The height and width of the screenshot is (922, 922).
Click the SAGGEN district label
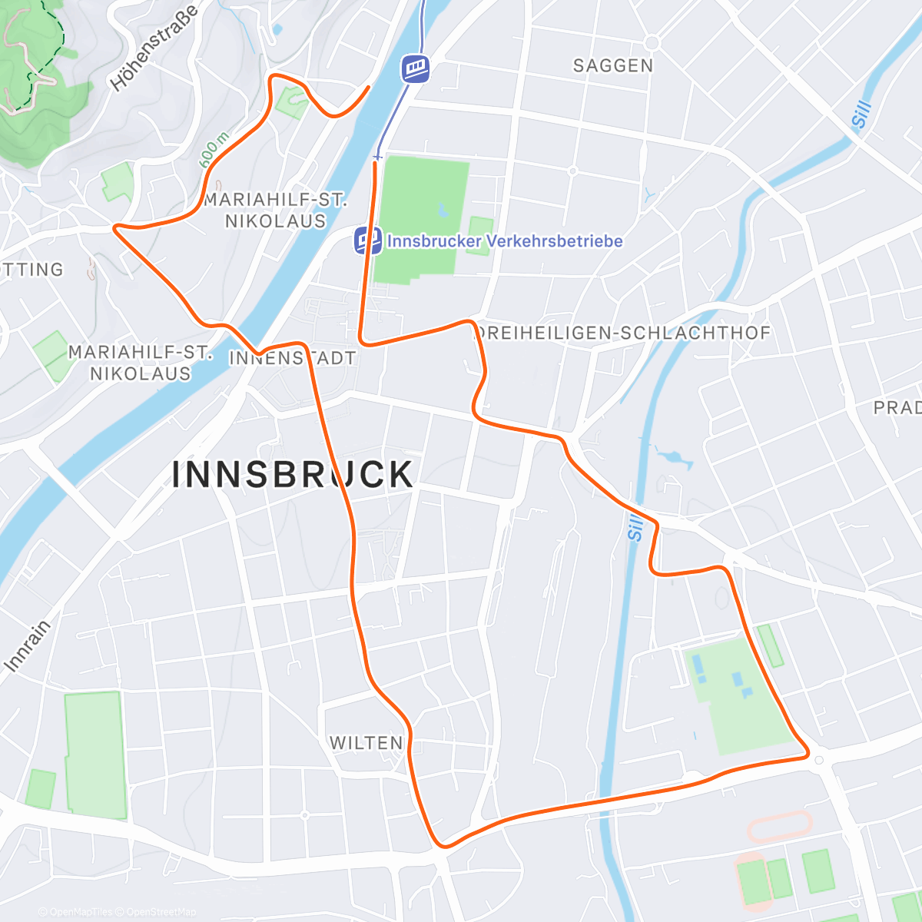(x=613, y=66)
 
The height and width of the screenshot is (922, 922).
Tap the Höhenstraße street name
(x=154, y=48)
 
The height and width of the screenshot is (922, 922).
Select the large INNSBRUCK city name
(x=293, y=475)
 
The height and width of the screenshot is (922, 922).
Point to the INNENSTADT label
(x=293, y=358)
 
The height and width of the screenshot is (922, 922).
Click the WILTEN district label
(x=366, y=743)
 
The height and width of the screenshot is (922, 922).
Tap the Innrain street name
(x=28, y=646)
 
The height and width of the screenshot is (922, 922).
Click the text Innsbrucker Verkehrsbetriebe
(x=505, y=241)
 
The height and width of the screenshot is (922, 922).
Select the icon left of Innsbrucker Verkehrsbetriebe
(x=367, y=241)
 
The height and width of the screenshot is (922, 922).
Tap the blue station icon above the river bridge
(x=415, y=69)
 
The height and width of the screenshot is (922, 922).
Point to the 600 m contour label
(x=214, y=150)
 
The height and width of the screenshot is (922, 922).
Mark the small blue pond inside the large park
(x=443, y=209)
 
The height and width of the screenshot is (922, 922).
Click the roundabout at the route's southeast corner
(x=819, y=760)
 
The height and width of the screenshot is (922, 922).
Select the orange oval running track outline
(x=780, y=827)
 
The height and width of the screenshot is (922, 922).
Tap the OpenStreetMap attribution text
(x=161, y=912)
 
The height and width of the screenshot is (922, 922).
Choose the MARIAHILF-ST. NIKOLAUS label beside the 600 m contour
(x=275, y=210)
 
